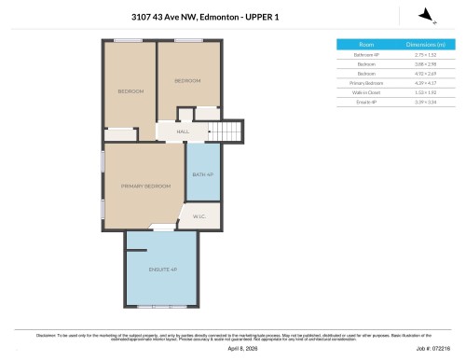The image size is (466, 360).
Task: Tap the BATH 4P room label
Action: coord(202,174)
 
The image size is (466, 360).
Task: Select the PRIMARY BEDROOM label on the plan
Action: coord(145,187)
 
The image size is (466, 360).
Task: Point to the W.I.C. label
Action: coord(199,216)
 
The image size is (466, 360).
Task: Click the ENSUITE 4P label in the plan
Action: coord(161,270)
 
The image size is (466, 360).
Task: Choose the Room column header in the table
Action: coord(366,45)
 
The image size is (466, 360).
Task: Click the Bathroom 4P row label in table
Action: coord(366,54)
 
